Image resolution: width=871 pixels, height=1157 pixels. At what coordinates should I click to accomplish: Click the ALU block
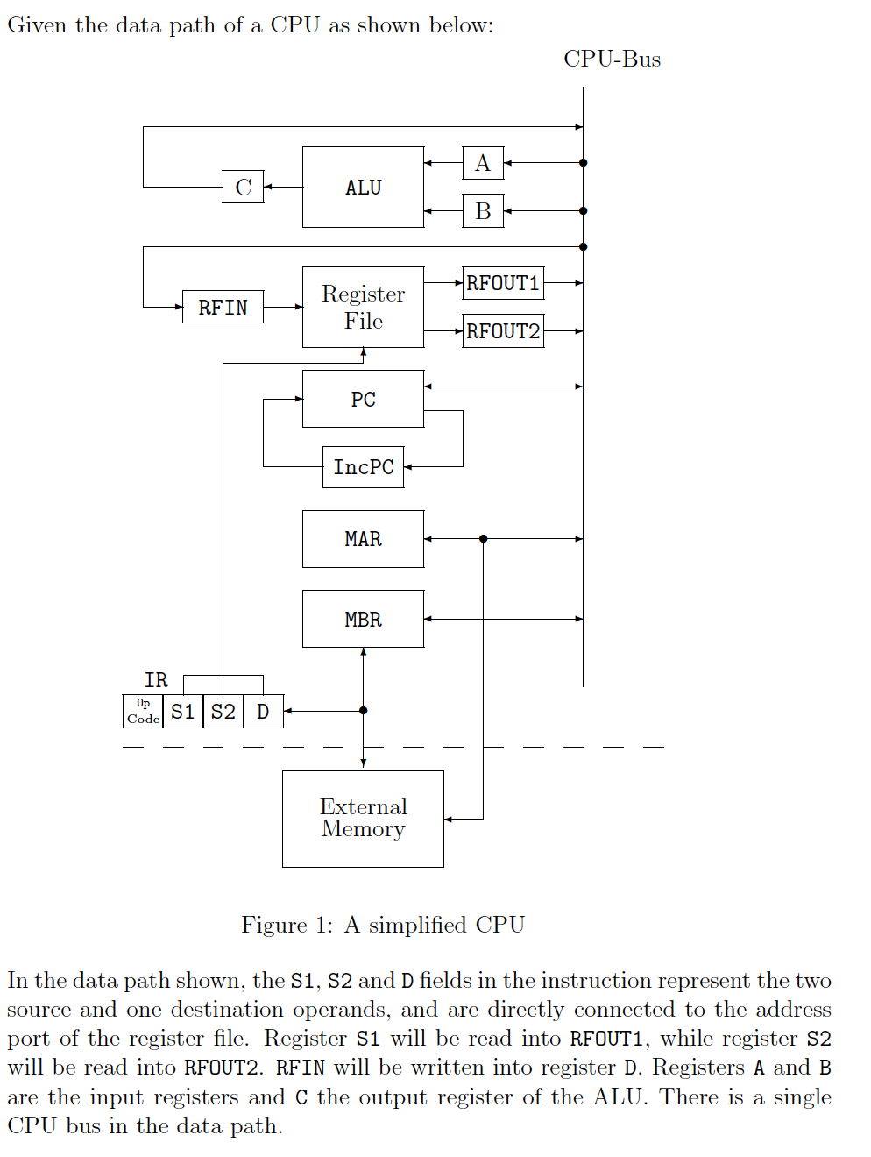[363, 188]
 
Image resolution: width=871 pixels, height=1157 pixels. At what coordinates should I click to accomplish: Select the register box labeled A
[483, 163]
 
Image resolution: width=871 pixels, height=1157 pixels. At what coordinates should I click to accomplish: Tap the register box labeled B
[483, 211]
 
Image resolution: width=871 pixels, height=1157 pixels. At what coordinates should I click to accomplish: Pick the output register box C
[243, 187]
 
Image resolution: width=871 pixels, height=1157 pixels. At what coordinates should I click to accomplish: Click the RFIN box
[223, 308]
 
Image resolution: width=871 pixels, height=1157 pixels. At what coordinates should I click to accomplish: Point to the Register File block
[363, 308]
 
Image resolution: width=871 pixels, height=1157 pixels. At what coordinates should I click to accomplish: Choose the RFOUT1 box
[503, 283]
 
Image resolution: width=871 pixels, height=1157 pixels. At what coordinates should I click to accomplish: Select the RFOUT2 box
[503, 331]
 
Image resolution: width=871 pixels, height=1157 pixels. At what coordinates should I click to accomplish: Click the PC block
[363, 399]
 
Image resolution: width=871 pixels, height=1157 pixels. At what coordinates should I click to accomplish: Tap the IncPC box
[363, 467]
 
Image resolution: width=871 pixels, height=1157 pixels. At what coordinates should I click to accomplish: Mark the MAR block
[363, 539]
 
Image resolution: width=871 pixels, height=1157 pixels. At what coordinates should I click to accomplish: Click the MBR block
[363, 619]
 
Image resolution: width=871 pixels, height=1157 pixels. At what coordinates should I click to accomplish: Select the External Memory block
[363, 819]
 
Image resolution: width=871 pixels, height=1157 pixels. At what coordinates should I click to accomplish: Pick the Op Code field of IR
[143, 711]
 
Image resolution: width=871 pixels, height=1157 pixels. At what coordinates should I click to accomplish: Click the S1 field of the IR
[182, 711]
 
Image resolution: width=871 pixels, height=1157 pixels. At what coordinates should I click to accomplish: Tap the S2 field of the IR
[223, 711]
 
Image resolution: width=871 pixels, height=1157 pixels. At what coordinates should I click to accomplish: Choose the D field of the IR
[263, 711]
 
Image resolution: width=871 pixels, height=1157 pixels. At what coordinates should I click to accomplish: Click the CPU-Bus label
[612, 59]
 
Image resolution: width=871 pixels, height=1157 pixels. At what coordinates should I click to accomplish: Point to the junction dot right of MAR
[483, 539]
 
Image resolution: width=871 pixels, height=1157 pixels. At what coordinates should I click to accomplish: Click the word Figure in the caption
[273, 925]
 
